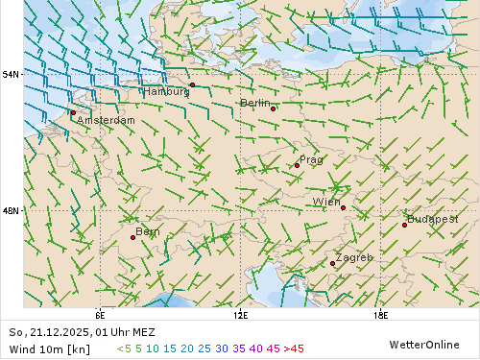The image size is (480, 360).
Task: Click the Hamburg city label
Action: [x=166, y=91]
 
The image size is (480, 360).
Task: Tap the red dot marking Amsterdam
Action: [x=73, y=112]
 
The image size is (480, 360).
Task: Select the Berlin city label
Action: [x=255, y=103]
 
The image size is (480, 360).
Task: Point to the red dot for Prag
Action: [x=298, y=165]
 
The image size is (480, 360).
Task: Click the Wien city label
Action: [x=325, y=202]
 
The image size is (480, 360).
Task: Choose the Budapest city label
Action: [x=432, y=219]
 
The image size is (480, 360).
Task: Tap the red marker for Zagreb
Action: [x=333, y=263]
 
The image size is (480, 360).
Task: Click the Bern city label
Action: [x=147, y=231]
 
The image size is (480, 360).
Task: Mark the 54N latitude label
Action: [x=11, y=74]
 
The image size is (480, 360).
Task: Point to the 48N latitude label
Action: [x=11, y=210]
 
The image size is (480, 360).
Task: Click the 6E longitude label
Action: [x=100, y=314]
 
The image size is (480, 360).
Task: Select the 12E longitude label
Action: [x=240, y=314]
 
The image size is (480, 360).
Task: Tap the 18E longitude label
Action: [x=380, y=314]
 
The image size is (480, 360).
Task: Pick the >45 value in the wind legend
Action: [x=294, y=348]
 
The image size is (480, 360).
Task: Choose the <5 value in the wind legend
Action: [x=122, y=348]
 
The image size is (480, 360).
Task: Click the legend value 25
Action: [x=204, y=348]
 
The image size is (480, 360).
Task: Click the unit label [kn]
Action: [x=81, y=348]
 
